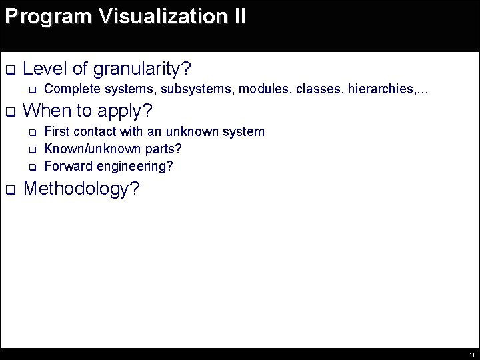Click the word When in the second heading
[48, 109]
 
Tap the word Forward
[67, 165]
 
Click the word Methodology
[81, 189]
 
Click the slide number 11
[471, 355]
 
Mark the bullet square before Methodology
[9, 190]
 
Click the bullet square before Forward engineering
[31, 166]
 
